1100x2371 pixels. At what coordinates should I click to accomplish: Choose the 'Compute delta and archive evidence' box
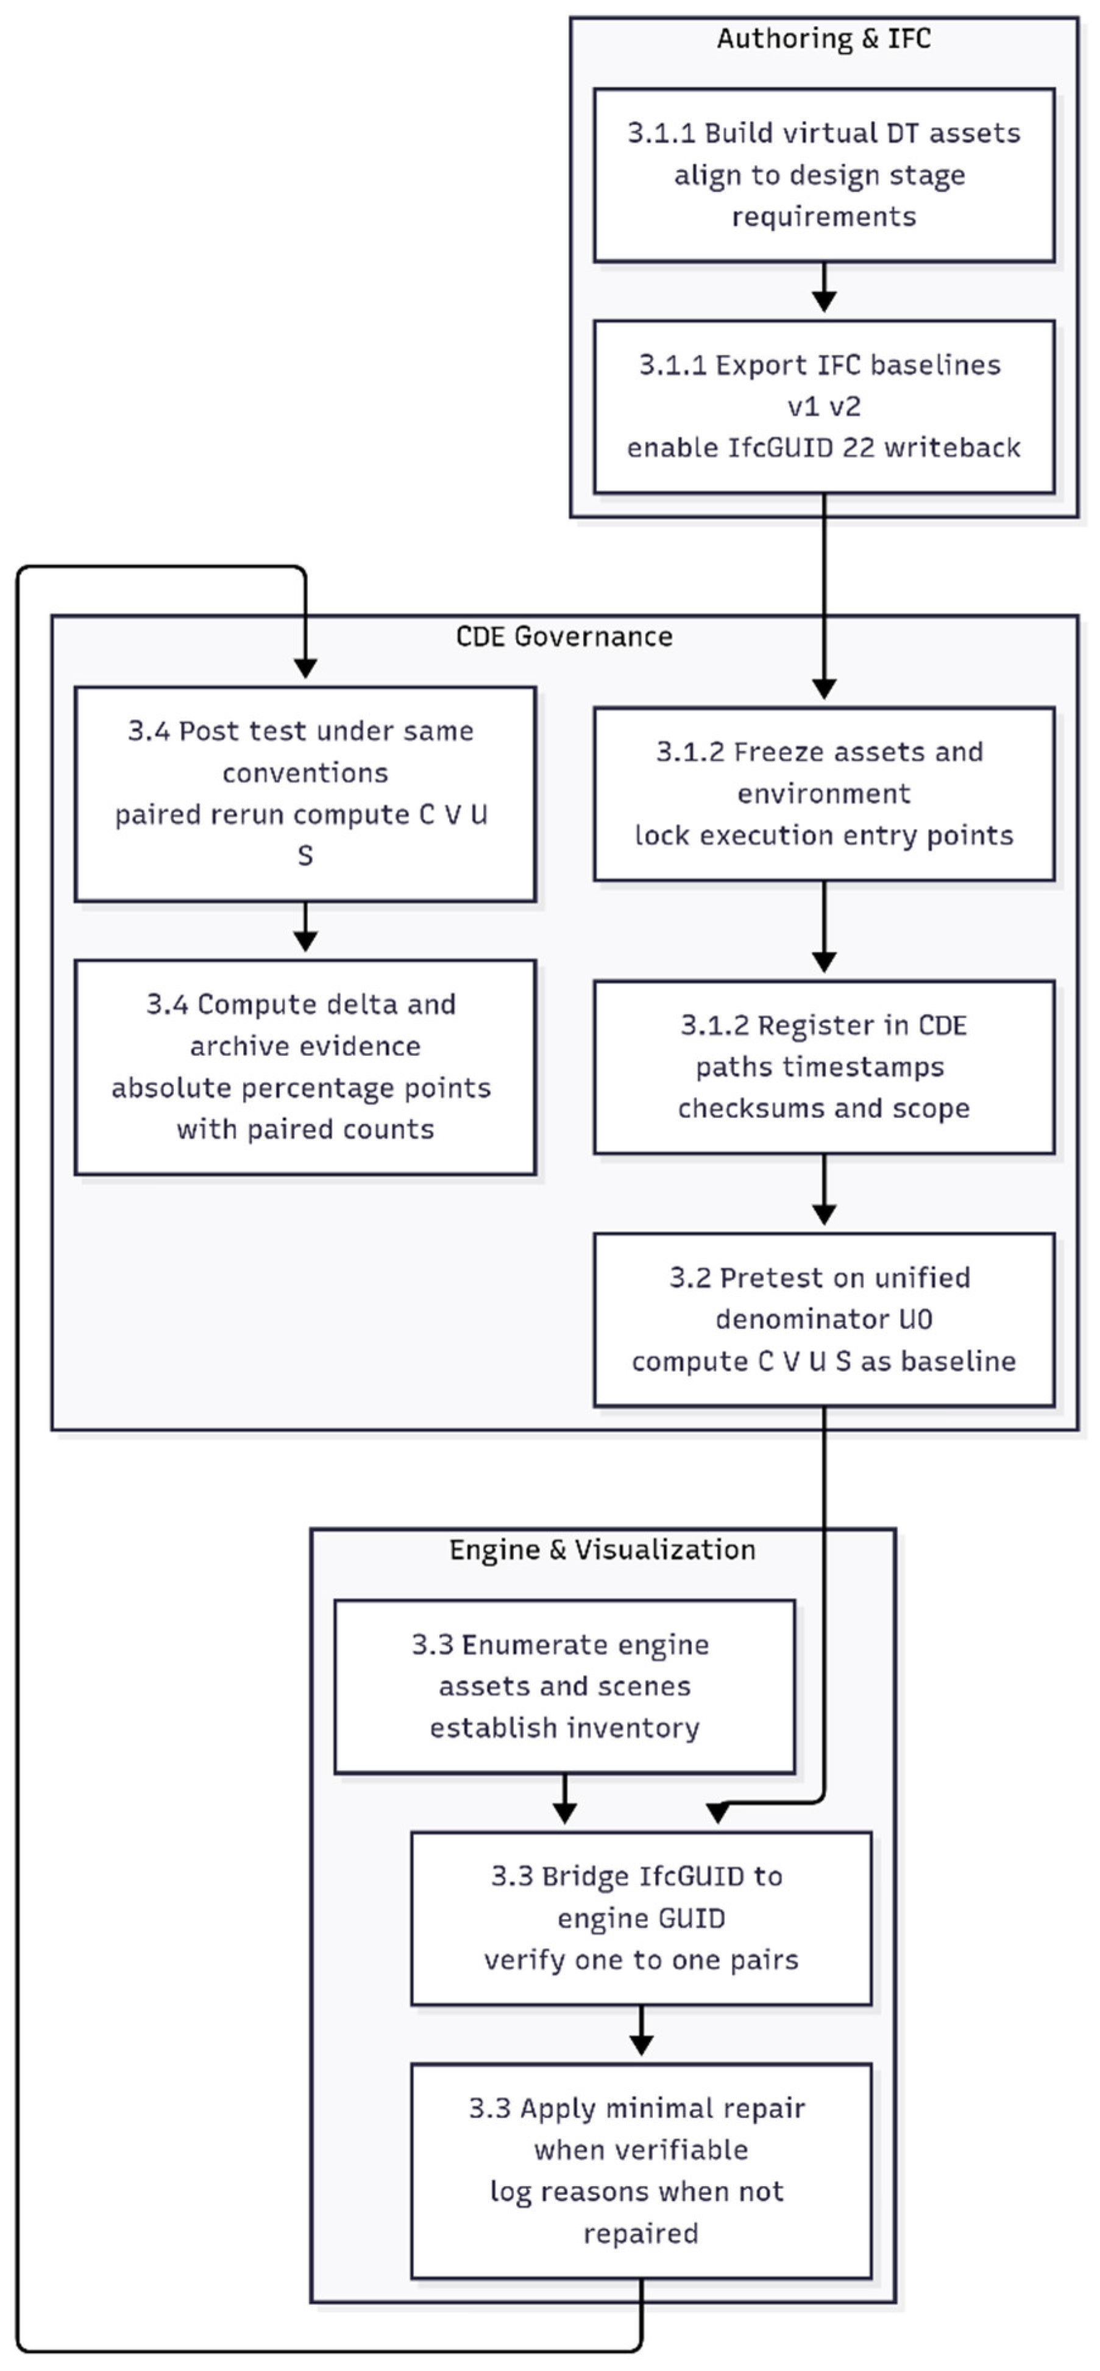305,1066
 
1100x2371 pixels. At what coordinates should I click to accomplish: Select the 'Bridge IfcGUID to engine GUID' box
640,1918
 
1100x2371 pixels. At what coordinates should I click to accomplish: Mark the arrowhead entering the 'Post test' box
305,667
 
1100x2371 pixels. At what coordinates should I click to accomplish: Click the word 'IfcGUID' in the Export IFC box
775,448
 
